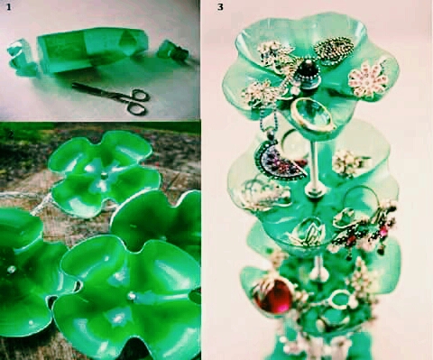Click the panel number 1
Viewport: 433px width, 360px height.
click(x=8, y=7)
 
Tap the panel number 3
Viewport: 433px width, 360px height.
click(x=220, y=7)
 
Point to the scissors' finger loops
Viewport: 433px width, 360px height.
click(x=138, y=102)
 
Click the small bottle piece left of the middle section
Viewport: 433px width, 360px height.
click(x=21, y=57)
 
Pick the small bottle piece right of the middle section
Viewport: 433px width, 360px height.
click(x=173, y=50)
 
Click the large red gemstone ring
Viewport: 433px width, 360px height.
click(x=273, y=295)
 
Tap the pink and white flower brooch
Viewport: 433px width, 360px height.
click(x=368, y=78)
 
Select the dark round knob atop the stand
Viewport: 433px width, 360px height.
click(x=308, y=72)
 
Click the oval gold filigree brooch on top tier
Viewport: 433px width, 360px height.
click(x=334, y=49)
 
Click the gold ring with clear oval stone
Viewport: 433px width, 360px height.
click(x=313, y=115)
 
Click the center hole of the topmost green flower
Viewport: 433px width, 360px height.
click(x=104, y=175)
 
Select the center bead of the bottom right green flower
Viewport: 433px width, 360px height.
click(x=132, y=296)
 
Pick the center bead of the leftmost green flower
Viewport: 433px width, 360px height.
click(x=11, y=269)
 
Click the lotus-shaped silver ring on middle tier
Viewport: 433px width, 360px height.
click(x=307, y=231)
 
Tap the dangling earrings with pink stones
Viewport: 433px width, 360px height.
click(x=363, y=228)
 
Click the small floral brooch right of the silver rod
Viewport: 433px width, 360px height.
click(x=349, y=162)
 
